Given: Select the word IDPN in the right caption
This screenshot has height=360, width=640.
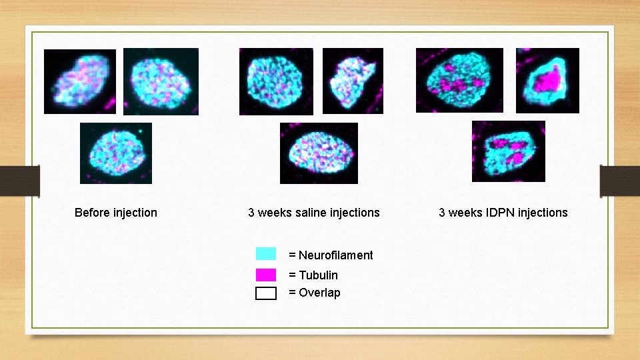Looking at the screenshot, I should tap(497, 213).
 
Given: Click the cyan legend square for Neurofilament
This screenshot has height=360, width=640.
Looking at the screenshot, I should tap(265, 253).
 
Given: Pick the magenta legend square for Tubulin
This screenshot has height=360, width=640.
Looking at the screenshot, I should tap(265, 274).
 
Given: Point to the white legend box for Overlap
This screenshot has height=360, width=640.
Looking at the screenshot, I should tap(265, 293).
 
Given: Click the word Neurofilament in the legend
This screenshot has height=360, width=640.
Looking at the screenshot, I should tap(335, 255).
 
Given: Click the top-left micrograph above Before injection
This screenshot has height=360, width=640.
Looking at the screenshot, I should tap(80, 81).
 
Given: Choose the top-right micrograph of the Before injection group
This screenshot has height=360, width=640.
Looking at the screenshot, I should tap(161, 81).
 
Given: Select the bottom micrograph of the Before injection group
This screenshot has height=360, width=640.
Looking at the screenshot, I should tap(116, 153).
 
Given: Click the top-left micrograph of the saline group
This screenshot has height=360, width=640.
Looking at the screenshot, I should tap(276, 81).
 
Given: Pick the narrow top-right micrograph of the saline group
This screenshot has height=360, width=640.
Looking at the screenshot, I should tap(353, 81).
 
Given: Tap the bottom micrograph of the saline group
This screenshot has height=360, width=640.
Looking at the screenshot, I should tap(319, 153).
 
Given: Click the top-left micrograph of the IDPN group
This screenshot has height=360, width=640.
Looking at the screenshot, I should tap(459, 80).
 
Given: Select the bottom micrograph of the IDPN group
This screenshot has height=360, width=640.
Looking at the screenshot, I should tap(508, 151).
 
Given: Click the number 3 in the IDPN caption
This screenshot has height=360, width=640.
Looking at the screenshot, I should tap(442, 213).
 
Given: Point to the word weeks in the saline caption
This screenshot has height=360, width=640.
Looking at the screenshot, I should tap(274, 213).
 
